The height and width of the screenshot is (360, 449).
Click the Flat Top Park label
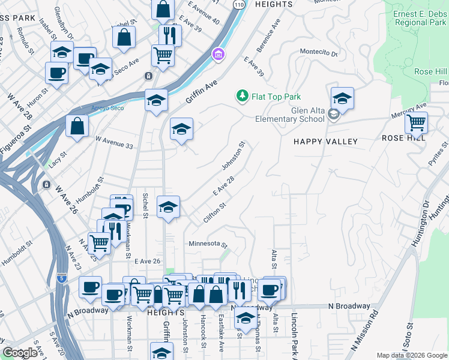276,96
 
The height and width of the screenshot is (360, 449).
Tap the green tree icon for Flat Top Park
242,96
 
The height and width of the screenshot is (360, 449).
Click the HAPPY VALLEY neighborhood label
325,142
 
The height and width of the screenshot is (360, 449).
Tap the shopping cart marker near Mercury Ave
416,123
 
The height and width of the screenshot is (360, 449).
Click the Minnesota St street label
208,244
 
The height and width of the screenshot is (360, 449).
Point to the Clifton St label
214,214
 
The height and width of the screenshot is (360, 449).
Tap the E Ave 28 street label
222,192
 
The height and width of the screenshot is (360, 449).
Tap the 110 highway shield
238,4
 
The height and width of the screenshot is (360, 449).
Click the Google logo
20,353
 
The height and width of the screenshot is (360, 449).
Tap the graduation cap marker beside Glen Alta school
342,98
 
